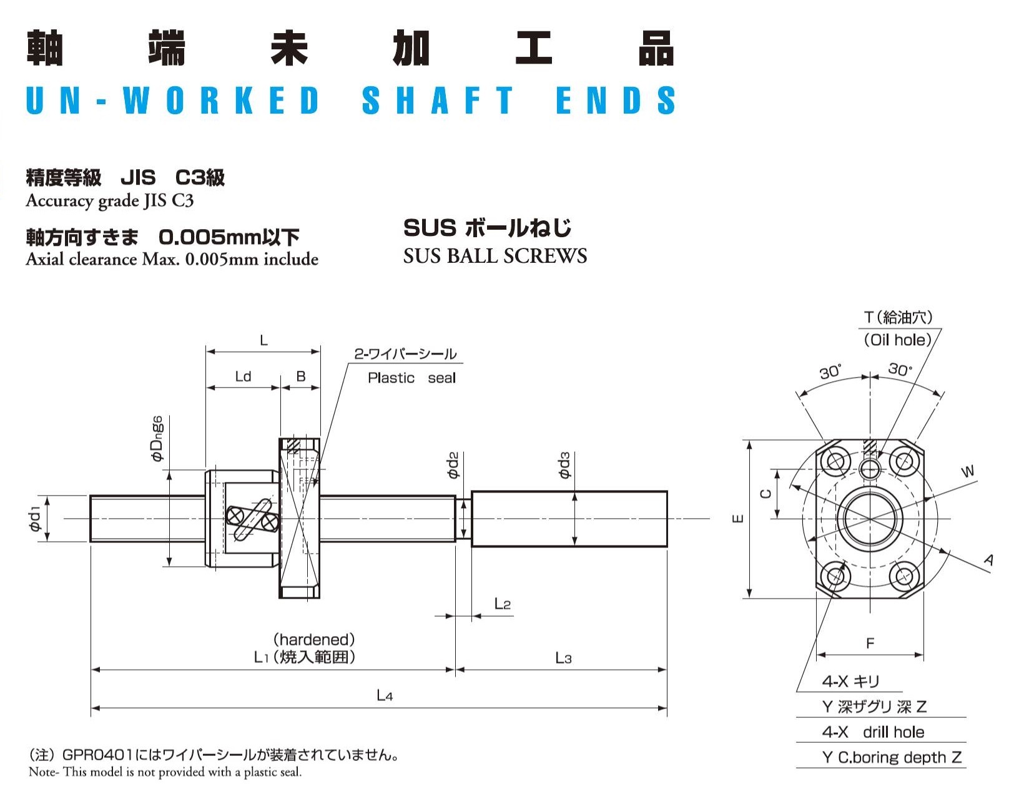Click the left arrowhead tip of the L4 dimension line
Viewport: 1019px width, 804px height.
coord(91,708)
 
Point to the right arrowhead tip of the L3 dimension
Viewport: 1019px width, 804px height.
coord(667,670)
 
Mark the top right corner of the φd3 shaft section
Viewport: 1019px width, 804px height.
coord(667,491)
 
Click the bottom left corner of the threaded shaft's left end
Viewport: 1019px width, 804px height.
coord(91,541)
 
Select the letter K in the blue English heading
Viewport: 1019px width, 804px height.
coord(244,100)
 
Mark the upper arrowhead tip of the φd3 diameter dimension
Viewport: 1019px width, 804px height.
coord(574,493)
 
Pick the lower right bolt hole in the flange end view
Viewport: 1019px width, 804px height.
coord(905,577)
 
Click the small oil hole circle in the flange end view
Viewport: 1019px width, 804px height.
coord(870,469)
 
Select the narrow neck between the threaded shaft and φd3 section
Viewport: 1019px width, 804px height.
coord(463,519)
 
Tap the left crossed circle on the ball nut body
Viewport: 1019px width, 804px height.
coord(234,516)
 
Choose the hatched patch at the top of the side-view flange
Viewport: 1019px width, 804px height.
coord(293,446)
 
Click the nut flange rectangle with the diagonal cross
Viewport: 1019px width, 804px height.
coord(300,519)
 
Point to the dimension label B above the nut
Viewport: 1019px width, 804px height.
coord(301,376)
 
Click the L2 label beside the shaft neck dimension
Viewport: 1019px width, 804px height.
coord(503,604)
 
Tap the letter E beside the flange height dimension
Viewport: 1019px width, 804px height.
coord(738,519)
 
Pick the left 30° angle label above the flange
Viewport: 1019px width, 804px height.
coord(830,372)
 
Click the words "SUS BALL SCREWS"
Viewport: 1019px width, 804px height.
coord(495,256)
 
